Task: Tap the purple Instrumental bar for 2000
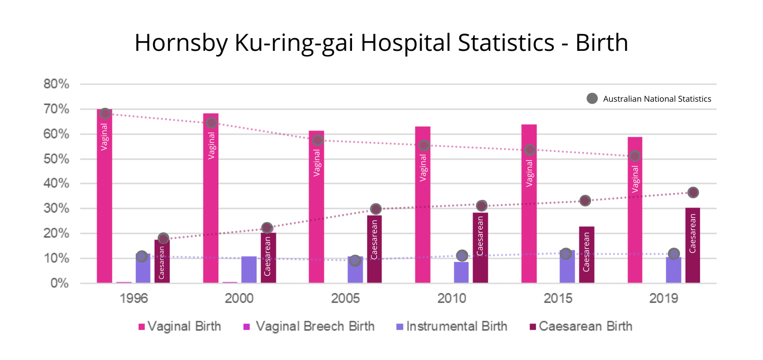(249, 269)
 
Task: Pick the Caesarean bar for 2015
(586, 254)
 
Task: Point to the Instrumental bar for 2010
(461, 272)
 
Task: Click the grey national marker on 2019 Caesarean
(693, 192)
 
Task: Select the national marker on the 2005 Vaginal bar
(317, 140)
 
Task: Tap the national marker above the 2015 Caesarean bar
(585, 200)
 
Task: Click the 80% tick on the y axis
(56, 84)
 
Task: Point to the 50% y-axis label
(56, 159)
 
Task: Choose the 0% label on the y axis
(60, 283)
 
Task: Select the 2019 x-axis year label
(664, 298)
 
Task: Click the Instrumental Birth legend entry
(452, 326)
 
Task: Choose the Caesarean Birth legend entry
(579, 326)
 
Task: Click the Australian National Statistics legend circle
(592, 99)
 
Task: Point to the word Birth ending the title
(602, 43)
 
